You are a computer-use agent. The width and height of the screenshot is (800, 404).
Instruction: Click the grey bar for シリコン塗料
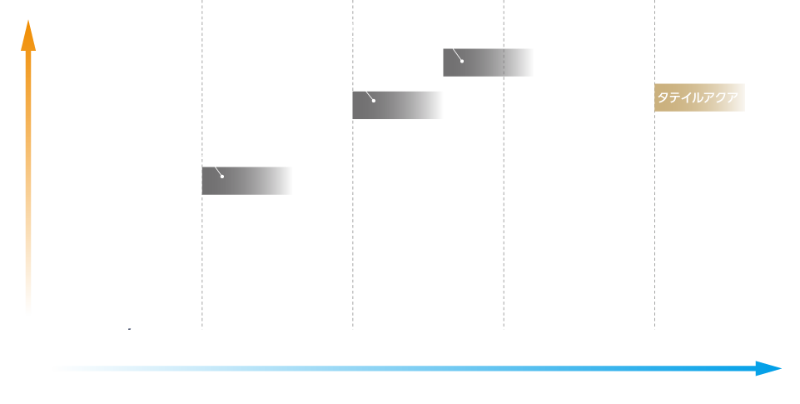[x=247, y=181]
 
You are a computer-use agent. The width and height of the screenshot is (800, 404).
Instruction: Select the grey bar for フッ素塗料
[x=398, y=105]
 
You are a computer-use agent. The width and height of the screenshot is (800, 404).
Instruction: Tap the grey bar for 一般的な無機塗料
[x=489, y=62]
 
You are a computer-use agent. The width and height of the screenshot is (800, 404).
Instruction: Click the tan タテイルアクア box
[x=699, y=97]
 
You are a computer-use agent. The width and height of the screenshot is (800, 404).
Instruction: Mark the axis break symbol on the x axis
[x=129, y=328]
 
